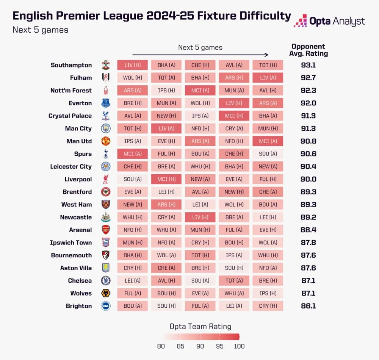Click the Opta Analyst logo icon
click(x=300, y=21)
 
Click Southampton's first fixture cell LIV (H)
click(x=132, y=65)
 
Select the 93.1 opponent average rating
click(x=308, y=65)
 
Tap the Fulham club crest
click(x=106, y=78)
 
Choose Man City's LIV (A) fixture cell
click(x=166, y=128)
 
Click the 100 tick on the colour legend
click(x=239, y=346)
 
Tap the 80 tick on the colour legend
click(x=161, y=346)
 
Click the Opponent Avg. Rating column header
click(x=308, y=50)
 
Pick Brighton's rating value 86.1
click(x=308, y=306)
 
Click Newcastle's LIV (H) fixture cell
click(x=200, y=217)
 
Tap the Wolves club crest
click(x=106, y=293)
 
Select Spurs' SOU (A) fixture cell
click(x=268, y=154)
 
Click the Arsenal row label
click(x=80, y=230)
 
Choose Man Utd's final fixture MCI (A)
click(x=268, y=141)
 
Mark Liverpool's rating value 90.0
click(x=308, y=179)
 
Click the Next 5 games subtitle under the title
click(x=41, y=30)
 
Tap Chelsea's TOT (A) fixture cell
click(x=234, y=280)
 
